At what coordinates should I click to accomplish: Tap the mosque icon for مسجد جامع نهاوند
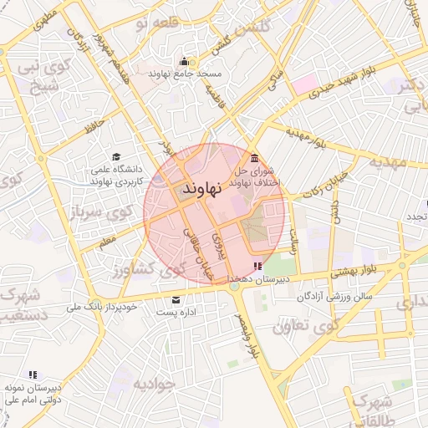coord(184,61)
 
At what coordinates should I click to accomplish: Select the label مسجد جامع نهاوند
coord(185,74)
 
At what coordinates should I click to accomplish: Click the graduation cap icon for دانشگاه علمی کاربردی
coord(116,156)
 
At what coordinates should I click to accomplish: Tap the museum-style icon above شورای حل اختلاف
coord(254,160)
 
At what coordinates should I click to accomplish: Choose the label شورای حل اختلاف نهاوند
coord(253,177)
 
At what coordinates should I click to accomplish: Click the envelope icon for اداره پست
coord(176,300)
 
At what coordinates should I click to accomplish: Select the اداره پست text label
coord(176,313)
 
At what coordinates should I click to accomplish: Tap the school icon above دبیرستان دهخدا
coord(256,266)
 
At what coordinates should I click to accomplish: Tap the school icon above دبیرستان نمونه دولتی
coord(32,375)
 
